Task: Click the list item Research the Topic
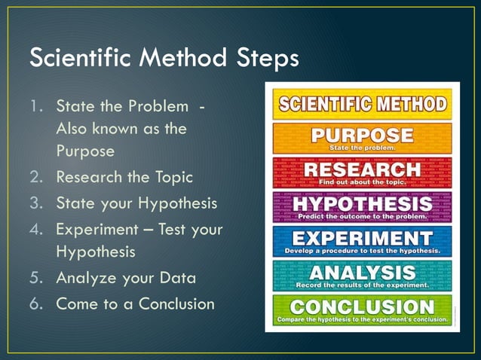click(x=124, y=178)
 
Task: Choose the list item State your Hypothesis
click(x=136, y=203)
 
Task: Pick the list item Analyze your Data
click(x=126, y=278)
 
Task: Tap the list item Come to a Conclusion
click(x=135, y=304)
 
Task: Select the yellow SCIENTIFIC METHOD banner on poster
click(x=361, y=104)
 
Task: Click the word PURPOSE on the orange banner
click(x=363, y=136)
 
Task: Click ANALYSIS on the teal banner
click(x=363, y=272)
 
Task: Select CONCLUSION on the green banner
click(x=363, y=307)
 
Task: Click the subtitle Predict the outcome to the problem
click(x=363, y=217)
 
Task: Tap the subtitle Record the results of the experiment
click(x=363, y=285)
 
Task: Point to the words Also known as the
click(x=121, y=128)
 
